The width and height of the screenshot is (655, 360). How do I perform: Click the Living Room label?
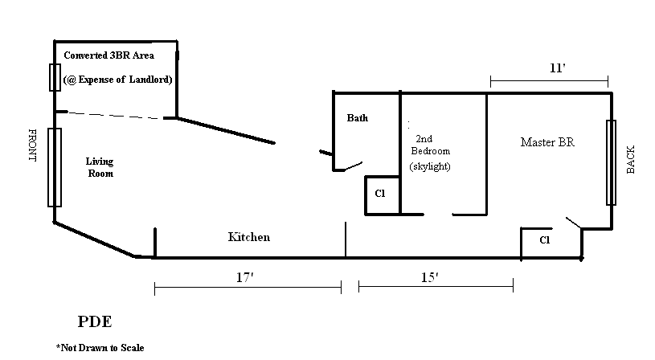pos(100,167)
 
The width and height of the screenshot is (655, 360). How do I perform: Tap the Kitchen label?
pos(249,238)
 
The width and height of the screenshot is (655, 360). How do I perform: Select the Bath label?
pos(358,118)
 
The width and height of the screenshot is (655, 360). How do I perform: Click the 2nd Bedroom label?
pos(430,145)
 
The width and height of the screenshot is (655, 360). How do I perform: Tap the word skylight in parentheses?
pos(430,167)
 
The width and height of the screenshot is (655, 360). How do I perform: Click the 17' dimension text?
pos(246,277)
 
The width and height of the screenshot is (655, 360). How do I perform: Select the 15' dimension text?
pos(429,277)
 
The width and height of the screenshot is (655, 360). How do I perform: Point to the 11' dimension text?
pos(558,68)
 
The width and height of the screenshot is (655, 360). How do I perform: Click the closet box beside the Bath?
pos(382,195)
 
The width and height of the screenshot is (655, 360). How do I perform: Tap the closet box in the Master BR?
pos(544,240)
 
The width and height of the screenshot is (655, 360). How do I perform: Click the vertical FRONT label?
pos(33,145)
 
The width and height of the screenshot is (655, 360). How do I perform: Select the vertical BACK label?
pos(631,160)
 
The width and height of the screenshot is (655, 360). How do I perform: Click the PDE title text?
pos(94,322)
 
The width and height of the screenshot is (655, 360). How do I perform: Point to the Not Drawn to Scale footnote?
pos(100,348)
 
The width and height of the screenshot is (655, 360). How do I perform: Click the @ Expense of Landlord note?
pos(117,80)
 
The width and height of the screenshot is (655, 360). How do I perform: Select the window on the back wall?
pos(612,162)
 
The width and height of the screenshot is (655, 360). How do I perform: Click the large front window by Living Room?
pos(55,167)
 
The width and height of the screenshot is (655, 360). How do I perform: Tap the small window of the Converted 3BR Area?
pos(55,77)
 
